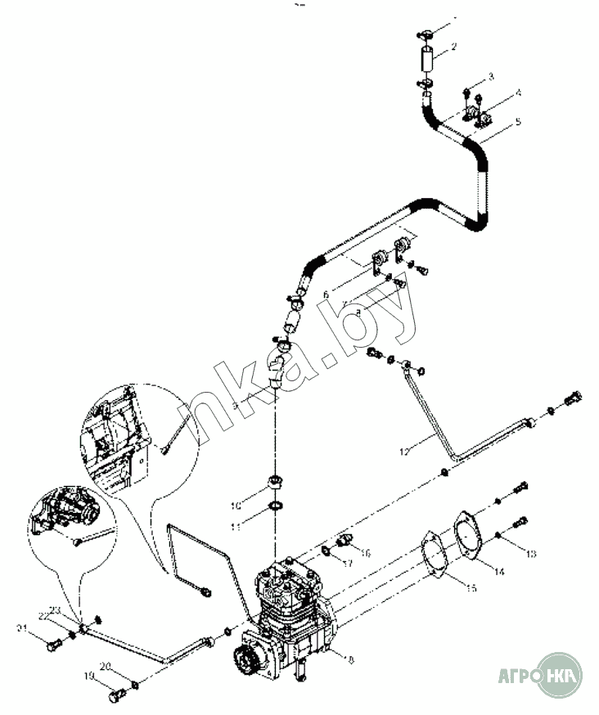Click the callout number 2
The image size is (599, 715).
[454, 47]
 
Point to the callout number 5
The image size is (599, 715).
[518, 124]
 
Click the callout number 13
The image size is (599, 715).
[531, 554]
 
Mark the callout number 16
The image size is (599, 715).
[366, 553]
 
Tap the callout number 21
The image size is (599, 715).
[22, 627]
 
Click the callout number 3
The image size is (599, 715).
[491, 76]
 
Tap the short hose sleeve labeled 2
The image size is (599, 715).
[426, 62]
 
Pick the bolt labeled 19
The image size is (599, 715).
[116, 696]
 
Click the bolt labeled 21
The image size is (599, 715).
[53, 645]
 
